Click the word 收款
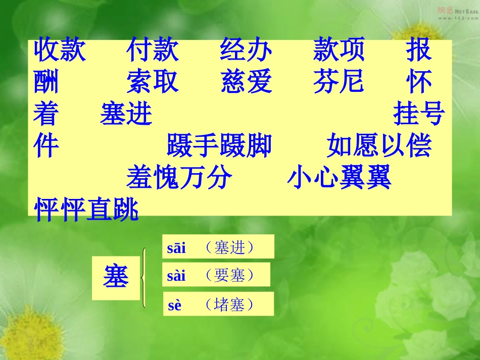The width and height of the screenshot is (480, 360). coord(60,50)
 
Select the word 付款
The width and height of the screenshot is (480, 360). coord(153,50)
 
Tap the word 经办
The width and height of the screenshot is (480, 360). coord(246,50)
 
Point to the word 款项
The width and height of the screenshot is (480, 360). coord(339,50)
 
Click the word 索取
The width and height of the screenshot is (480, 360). coord(153,82)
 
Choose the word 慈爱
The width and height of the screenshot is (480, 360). coord(246,82)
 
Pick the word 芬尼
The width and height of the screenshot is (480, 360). coord(339,82)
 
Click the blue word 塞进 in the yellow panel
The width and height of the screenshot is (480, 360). coord(126,114)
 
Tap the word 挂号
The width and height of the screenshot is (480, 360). coord(419,114)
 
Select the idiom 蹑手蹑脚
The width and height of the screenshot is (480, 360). coord(219,146)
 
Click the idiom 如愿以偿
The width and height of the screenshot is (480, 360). coord(379,146)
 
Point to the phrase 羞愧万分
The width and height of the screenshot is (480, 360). coord(179,178)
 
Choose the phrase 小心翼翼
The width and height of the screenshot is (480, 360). coord(339,178)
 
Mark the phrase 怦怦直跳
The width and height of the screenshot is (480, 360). coord(86,210)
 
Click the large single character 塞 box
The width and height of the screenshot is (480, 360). coord(116,278)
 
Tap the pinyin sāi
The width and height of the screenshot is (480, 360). coord(176,248)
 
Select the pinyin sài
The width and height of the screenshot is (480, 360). coord(176,276)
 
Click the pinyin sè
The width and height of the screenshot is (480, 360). coord(174,305)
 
